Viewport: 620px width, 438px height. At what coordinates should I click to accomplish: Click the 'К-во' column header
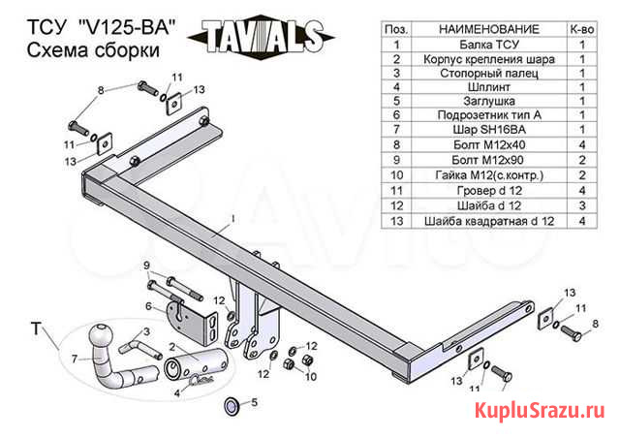coord(582,30)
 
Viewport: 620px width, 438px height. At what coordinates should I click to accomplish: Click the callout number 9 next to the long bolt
coord(146,266)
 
